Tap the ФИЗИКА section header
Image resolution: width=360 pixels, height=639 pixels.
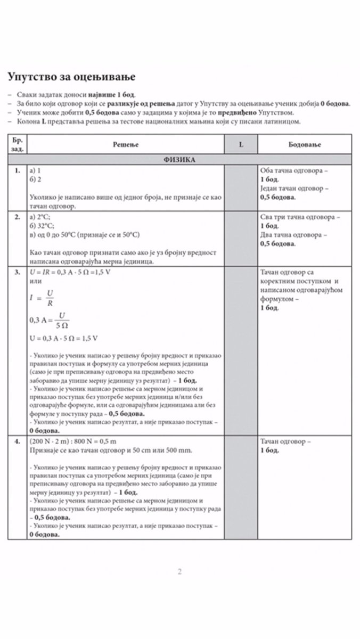[179, 160]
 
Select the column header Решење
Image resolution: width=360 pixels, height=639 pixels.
[126, 144]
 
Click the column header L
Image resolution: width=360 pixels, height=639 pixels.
[241, 144]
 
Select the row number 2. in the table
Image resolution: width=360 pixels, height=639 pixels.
[18, 218]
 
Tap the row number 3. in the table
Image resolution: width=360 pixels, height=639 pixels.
[18, 272]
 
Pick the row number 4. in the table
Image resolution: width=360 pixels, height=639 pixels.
[18, 442]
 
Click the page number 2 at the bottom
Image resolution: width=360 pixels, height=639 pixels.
[179, 572]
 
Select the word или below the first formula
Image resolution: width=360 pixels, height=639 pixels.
[35, 281]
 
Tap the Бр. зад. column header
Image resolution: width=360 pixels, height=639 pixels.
[18, 144]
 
